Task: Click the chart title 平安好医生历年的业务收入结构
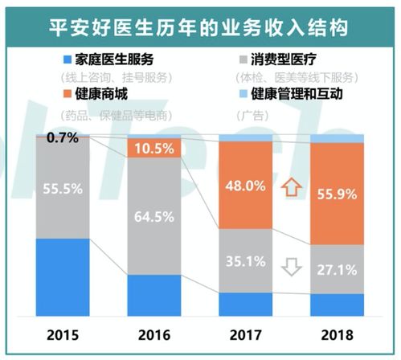point(200,27)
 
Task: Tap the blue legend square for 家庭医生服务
point(68,60)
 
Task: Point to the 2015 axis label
point(61,333)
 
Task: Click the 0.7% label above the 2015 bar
point(63,138)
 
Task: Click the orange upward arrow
point(291,189)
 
